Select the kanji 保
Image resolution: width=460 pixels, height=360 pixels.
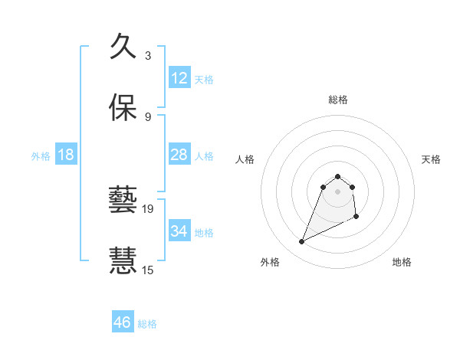123,107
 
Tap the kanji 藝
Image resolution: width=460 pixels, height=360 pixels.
123,200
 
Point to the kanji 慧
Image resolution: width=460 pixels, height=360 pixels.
123,260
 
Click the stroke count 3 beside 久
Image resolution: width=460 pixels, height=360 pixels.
148,55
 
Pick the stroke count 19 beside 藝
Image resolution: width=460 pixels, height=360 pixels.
149,208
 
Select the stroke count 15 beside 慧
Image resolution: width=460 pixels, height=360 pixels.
149,270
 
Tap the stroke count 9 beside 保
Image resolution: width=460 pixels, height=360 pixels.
148,116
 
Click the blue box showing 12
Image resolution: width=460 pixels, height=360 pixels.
179,77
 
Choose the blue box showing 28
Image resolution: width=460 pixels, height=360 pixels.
179,155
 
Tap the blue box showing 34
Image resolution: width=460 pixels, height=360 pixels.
179,231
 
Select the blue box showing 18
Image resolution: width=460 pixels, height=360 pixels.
66,155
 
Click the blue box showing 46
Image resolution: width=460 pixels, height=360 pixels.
123,322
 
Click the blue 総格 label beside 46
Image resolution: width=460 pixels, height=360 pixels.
147,324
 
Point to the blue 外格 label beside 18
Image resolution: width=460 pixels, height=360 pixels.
41,156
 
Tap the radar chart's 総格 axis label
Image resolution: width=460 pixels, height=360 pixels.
338,100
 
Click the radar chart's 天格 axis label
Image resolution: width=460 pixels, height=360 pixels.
432,159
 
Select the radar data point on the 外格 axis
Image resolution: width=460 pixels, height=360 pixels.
301,242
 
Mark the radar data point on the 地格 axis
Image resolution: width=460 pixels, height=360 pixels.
357,218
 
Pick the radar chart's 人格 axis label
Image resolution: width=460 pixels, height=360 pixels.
245,159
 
